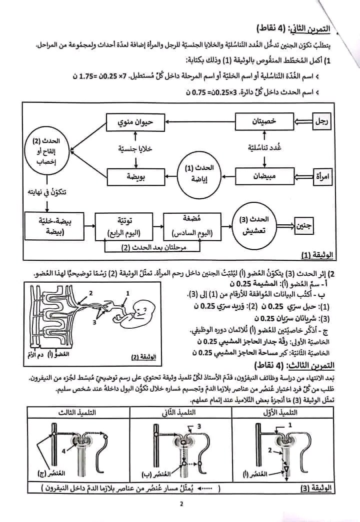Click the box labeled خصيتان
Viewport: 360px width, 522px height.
click(x=263, y=122)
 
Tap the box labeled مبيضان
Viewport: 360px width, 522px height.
click(x=263, y=176)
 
